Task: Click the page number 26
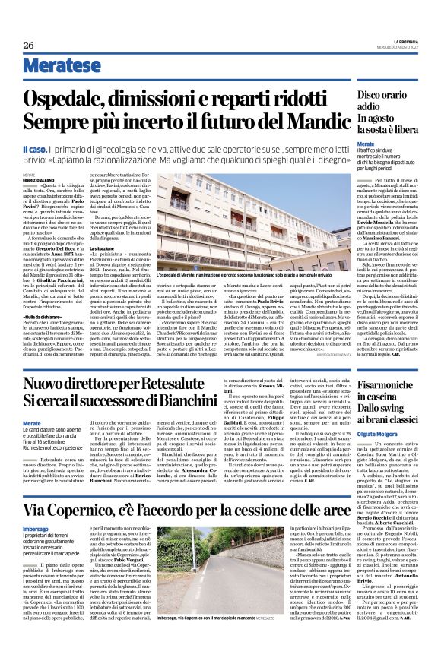point(29,46)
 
